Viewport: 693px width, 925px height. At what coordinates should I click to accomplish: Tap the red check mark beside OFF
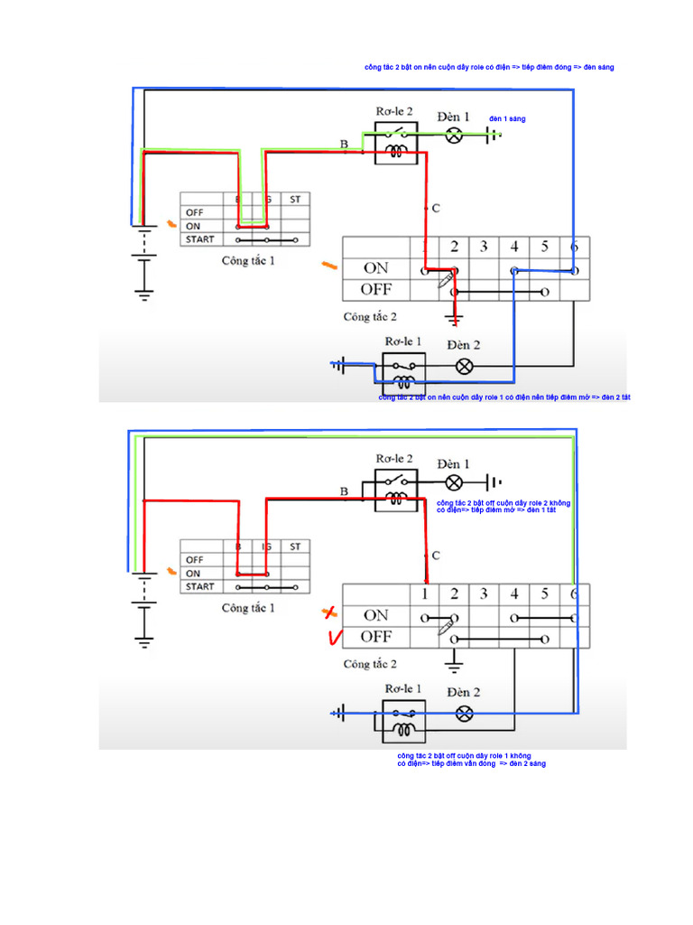(x=333, y=638)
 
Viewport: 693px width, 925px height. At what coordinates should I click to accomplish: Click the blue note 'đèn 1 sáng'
(x=507, y=119)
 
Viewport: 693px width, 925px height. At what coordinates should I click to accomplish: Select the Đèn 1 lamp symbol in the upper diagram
(x=456, y=135)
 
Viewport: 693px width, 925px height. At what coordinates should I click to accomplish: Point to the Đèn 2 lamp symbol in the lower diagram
(x=464, y=714)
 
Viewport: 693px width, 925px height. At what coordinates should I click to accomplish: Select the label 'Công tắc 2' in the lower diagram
(x=370, y=664)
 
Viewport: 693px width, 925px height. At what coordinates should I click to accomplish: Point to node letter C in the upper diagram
(x=435, y=209)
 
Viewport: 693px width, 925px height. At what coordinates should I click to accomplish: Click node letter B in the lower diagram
(x=344, y=491)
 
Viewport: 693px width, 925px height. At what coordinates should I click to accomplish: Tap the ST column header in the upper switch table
(x=294, y=199)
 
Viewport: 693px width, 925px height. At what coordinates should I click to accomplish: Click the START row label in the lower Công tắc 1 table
(x=200, y=586)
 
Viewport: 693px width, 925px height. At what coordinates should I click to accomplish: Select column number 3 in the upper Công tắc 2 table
(x=485, y=247)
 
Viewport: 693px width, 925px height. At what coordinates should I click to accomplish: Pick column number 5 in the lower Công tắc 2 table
(x=544, y=594)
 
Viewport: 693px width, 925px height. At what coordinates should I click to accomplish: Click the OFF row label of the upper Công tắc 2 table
(x=375, y=290)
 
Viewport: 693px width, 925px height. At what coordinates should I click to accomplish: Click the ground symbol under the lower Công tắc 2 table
(x=454, y=666)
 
